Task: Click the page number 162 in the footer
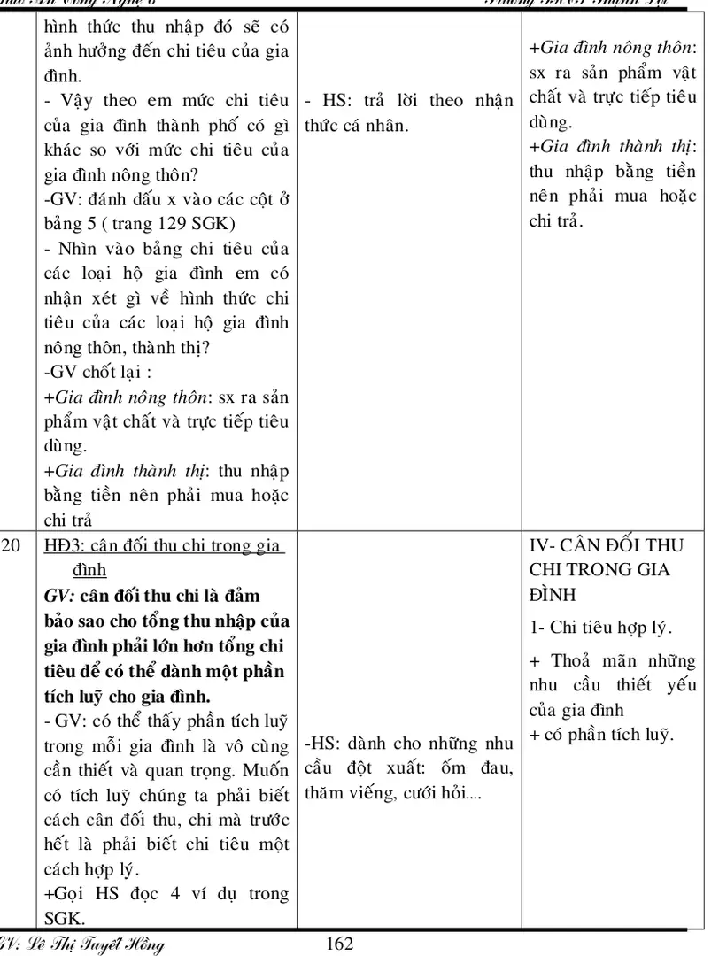tap(340, 944)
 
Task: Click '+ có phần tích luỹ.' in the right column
tap(601, 734)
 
